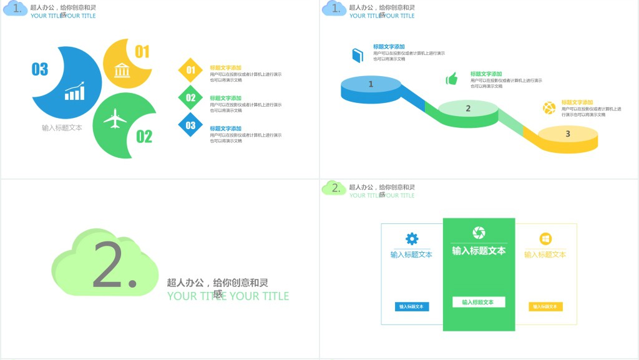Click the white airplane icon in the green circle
pos(115,119)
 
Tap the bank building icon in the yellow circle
pos(122,70)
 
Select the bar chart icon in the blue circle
pos(75,91)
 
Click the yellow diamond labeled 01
pos(191,70)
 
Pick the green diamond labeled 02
pos(191,97)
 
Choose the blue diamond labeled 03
pos(191,125)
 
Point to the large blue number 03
pos(40,69)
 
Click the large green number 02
pos(144,136)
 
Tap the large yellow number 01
pos(142,52)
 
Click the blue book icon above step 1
pos(358,55)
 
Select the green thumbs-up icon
pos(452,79)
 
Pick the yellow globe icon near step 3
pos(549,108)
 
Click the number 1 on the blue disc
pos(371,84)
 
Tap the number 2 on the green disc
pos(468,109)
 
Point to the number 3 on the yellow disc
pos(567,134)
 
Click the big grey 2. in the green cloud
pos(114,265)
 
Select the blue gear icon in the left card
pos(412,238)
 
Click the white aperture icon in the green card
pos(479,233)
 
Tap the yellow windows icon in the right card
pos(545,239)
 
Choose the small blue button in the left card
pos(412,306)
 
